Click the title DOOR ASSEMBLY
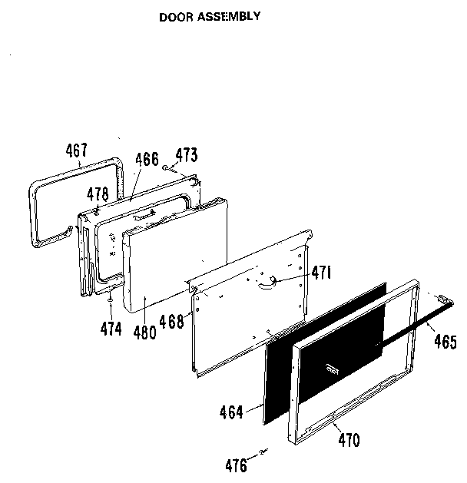[x=209, y=15]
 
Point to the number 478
[x=97, y=194]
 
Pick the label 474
[x=111, y=329]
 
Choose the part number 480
[x=144, y=332]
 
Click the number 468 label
[x=172, y=322]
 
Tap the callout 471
[x=321, y=272]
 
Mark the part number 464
[x=230, y=413]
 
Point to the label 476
[x=236, y=464]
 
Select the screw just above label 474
[x=111, y=300]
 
